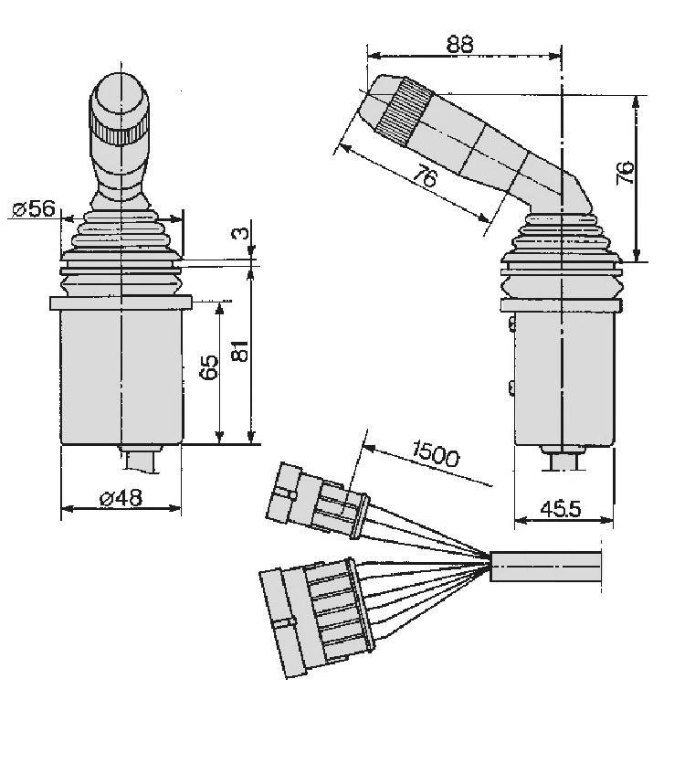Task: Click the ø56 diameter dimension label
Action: pos(34,208)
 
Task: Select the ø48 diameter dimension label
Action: pos(121,497)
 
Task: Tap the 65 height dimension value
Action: pos(209,367)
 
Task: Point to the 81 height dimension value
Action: pos(240,350)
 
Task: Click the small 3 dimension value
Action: pos(242,232)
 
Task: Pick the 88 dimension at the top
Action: pos(459,44)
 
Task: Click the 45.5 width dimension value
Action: pos(561,509)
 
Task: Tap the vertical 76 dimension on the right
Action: pos(625,172)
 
